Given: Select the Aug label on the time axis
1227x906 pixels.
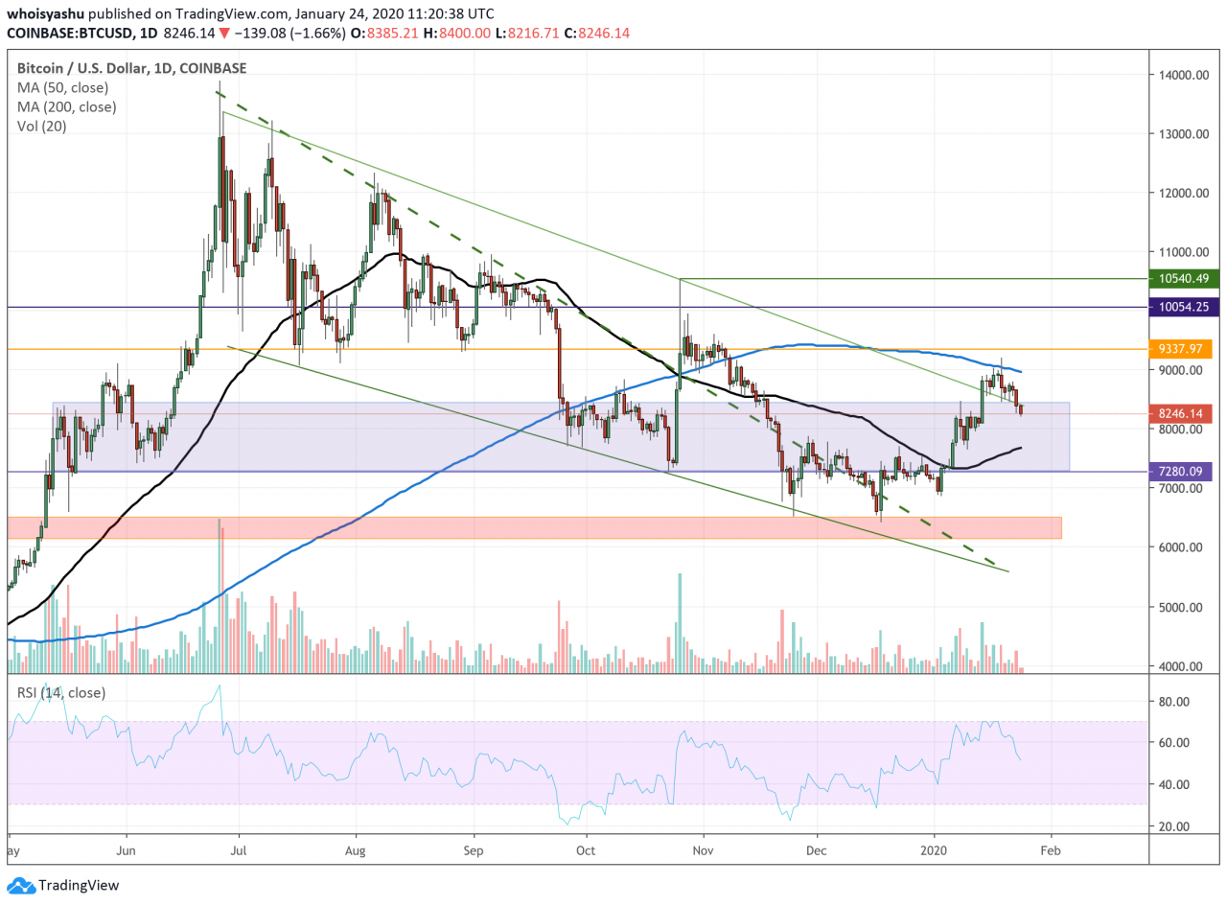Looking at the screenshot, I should (355, 849).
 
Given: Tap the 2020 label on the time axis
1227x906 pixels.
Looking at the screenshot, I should (934, 849).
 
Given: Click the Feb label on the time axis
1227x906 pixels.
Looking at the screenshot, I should (1051, 849).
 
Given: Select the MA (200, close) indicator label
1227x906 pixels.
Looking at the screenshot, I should (67, 106).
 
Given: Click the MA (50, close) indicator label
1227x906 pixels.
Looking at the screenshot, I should (63, 87).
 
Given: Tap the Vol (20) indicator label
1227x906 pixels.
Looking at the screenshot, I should (42, 126).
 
